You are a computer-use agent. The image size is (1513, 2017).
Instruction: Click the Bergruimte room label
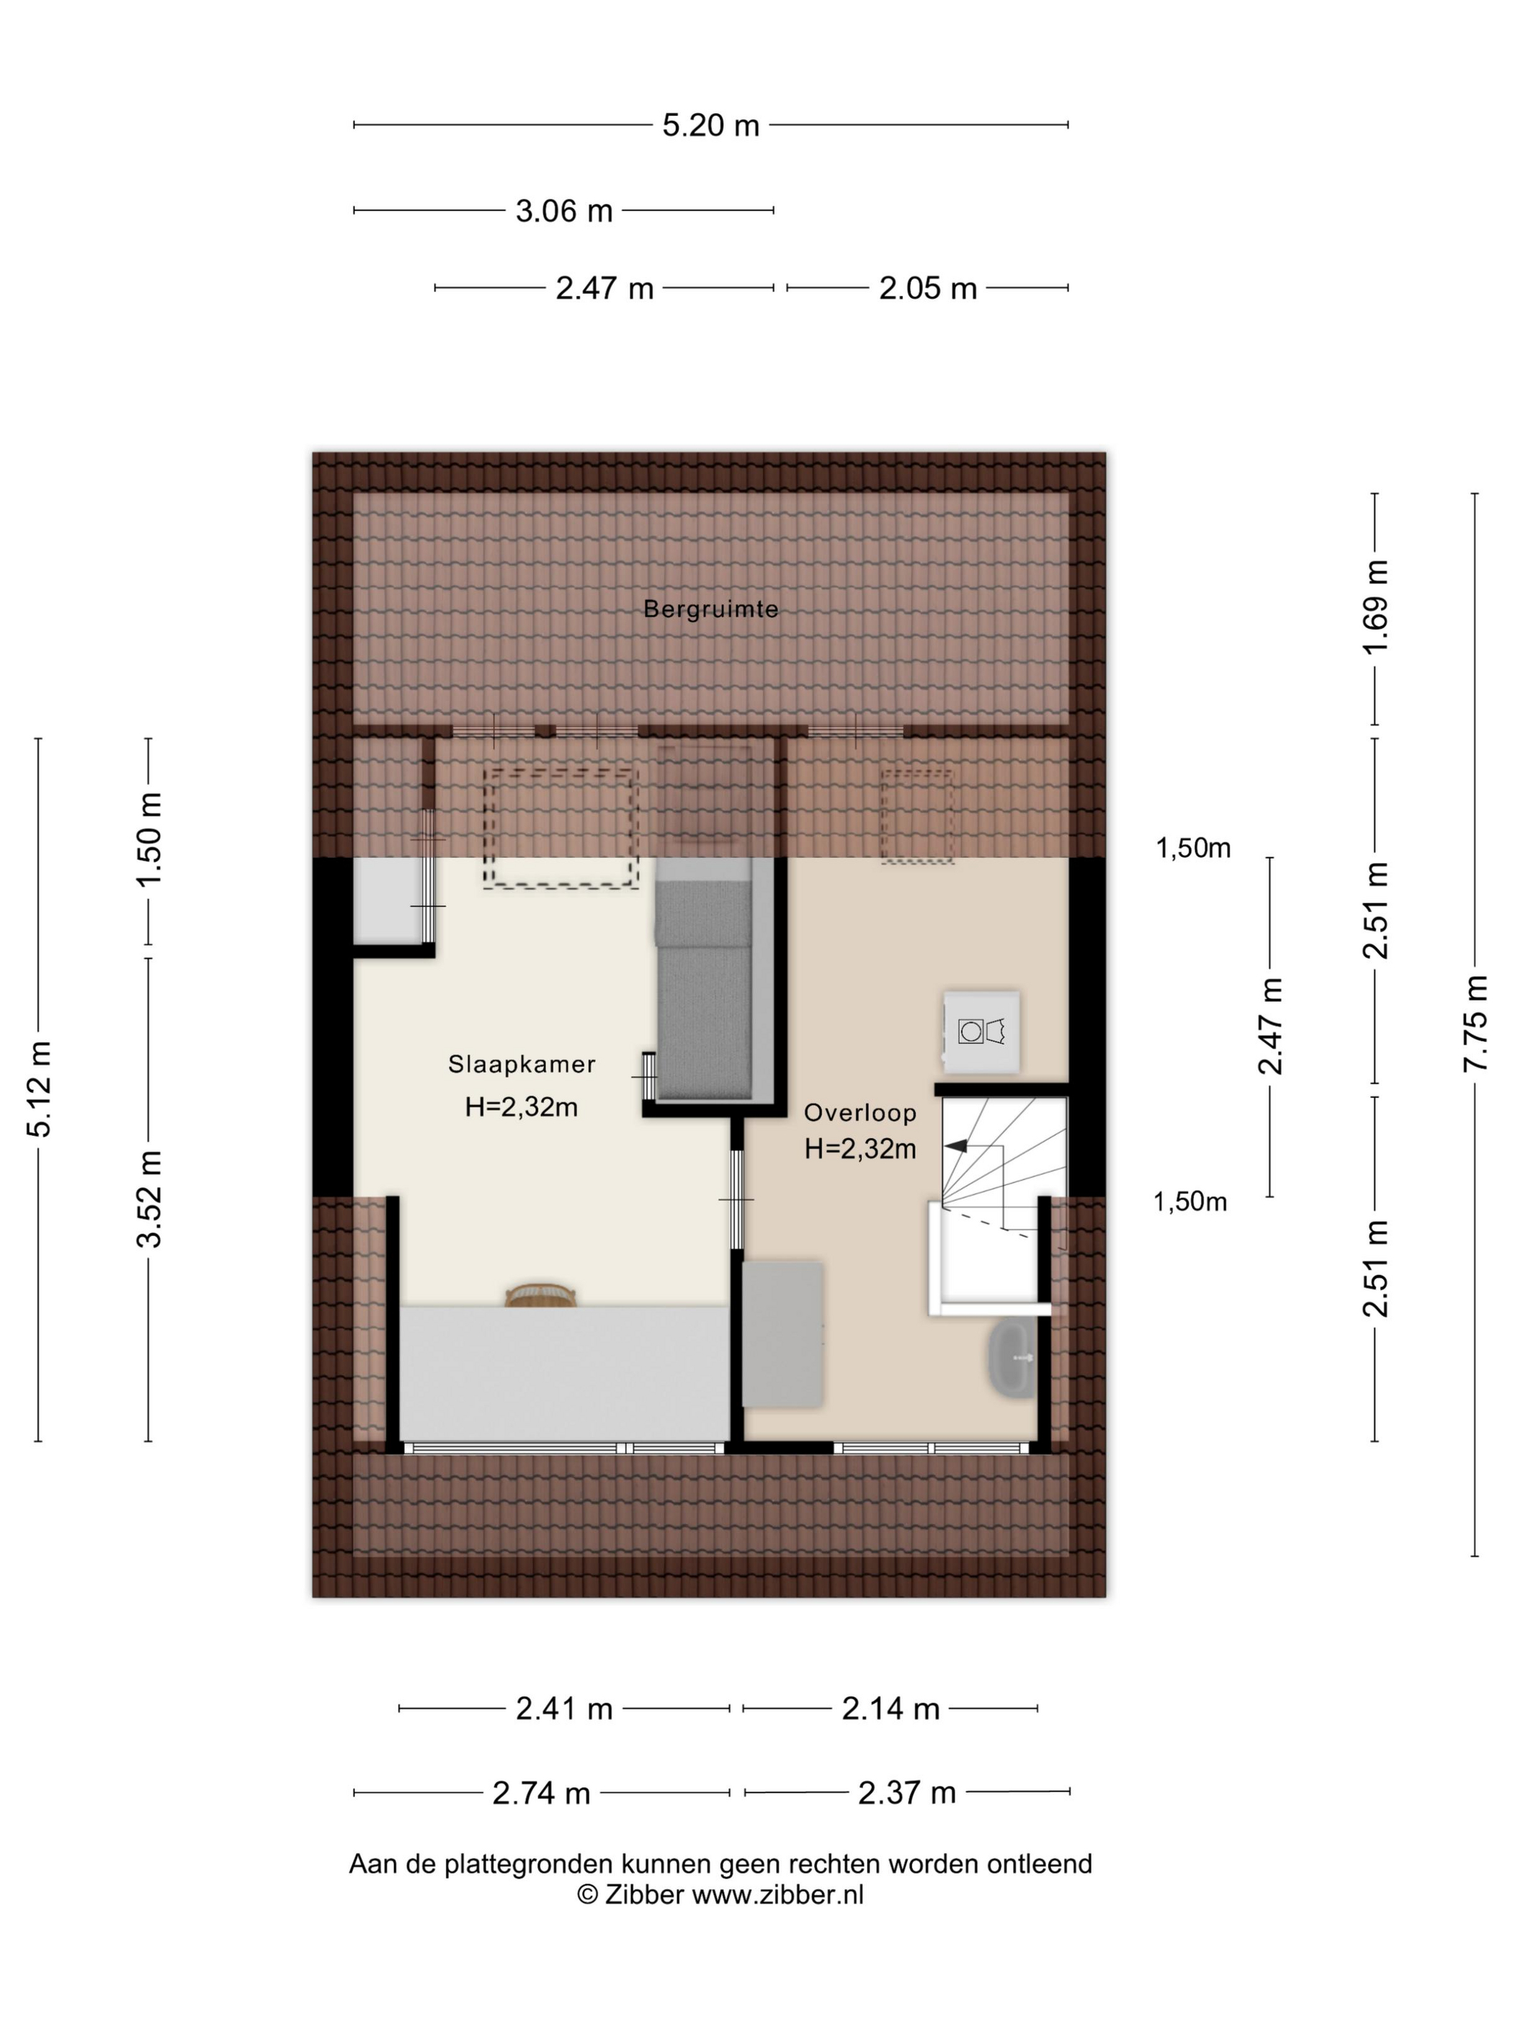click(x=710, y=609)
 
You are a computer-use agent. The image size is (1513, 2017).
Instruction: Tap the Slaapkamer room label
click(x=522, y=1064)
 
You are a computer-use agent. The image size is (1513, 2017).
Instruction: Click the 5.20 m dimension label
click(x=710, y=125)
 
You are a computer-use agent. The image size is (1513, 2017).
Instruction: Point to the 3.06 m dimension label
click(x=563, y=210)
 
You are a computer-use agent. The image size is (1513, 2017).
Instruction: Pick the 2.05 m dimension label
click(x=927, y=288)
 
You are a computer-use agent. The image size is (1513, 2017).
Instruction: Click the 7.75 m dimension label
click(x=1475, y=1023)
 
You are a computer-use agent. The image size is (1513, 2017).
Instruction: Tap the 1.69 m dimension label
click(x=1375, y=607)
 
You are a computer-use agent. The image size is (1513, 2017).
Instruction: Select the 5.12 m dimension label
click(x=38, y=1088)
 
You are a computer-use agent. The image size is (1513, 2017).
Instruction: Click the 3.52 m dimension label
click(x=148, y=1198)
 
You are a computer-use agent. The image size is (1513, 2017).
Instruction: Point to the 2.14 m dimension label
click(x=890, y=1709)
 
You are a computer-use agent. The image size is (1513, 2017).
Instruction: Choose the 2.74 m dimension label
click(x=541, y=1794)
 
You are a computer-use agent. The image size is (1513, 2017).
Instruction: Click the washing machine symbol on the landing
click(x=981, y=1032)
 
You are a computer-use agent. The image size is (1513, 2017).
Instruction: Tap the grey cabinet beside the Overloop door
click(x=782, y=1334)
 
